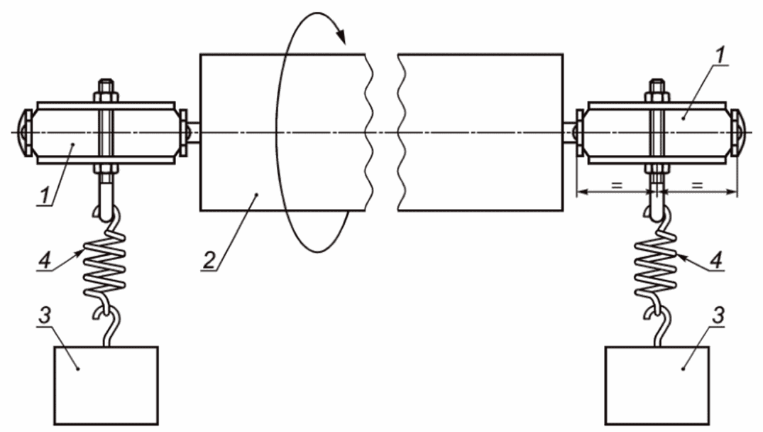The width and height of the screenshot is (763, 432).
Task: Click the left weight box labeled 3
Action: (x=106, y=385)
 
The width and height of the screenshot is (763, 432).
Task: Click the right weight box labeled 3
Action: (x=657, y=385)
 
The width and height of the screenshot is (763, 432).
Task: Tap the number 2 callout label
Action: (x=209, y=261)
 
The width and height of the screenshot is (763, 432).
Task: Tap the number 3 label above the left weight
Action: (x=44, y=315)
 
